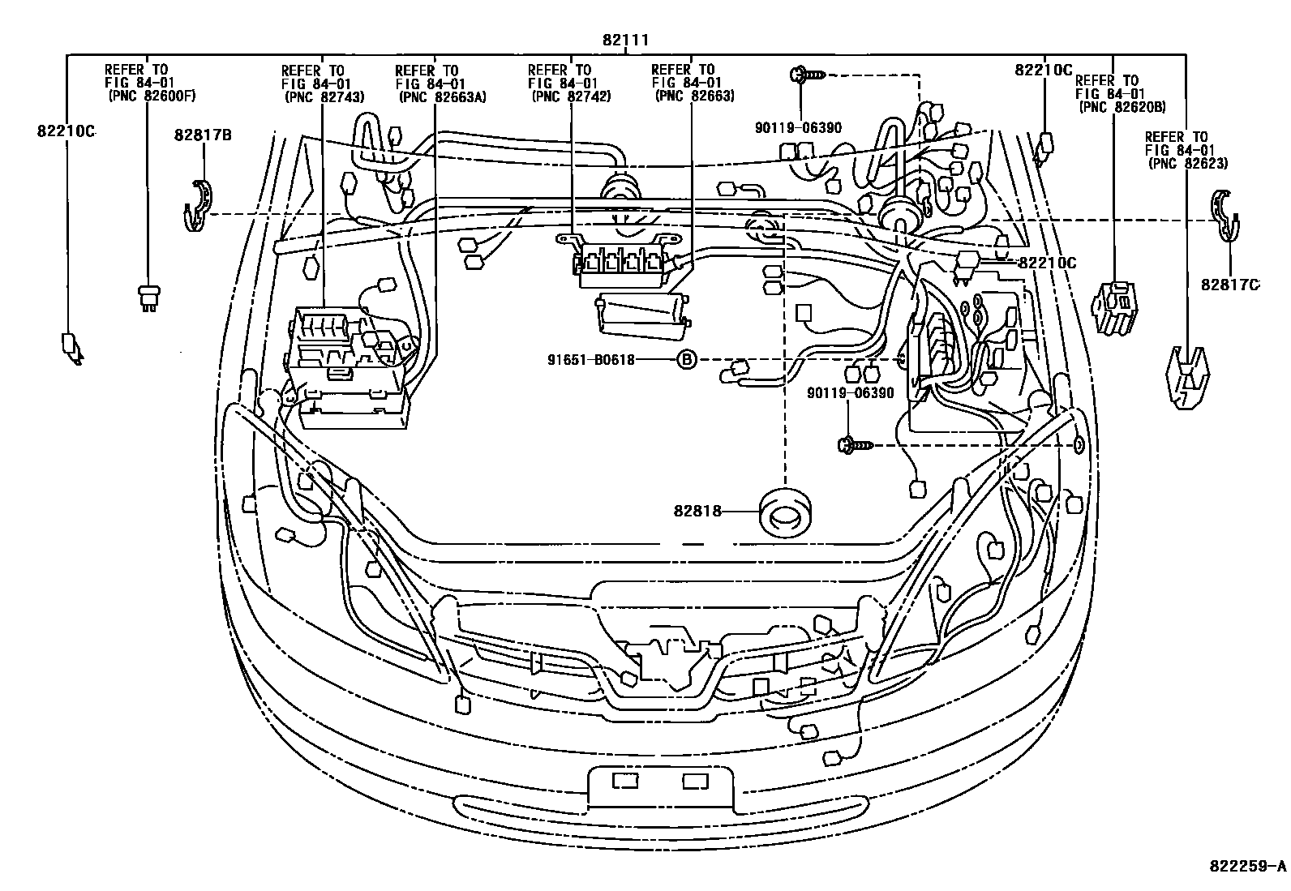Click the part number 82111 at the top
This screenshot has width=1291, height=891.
coord(625,40)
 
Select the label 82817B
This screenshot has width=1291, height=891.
coord(202,135)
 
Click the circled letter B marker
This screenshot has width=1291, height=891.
coord(686,359)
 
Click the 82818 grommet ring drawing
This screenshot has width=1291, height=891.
coord(786,512)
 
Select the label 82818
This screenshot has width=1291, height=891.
coord(697,512)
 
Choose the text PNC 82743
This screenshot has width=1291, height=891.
coord(324,96)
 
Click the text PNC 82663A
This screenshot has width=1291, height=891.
coord(441,96)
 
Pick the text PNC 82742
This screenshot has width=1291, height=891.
coord(571,96)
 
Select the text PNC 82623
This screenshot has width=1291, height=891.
coord(1188,163)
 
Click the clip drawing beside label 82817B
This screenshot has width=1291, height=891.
coord(195,207)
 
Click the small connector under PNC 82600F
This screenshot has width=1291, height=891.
coord(148,298)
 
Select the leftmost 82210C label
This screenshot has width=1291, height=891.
coord(66,131)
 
